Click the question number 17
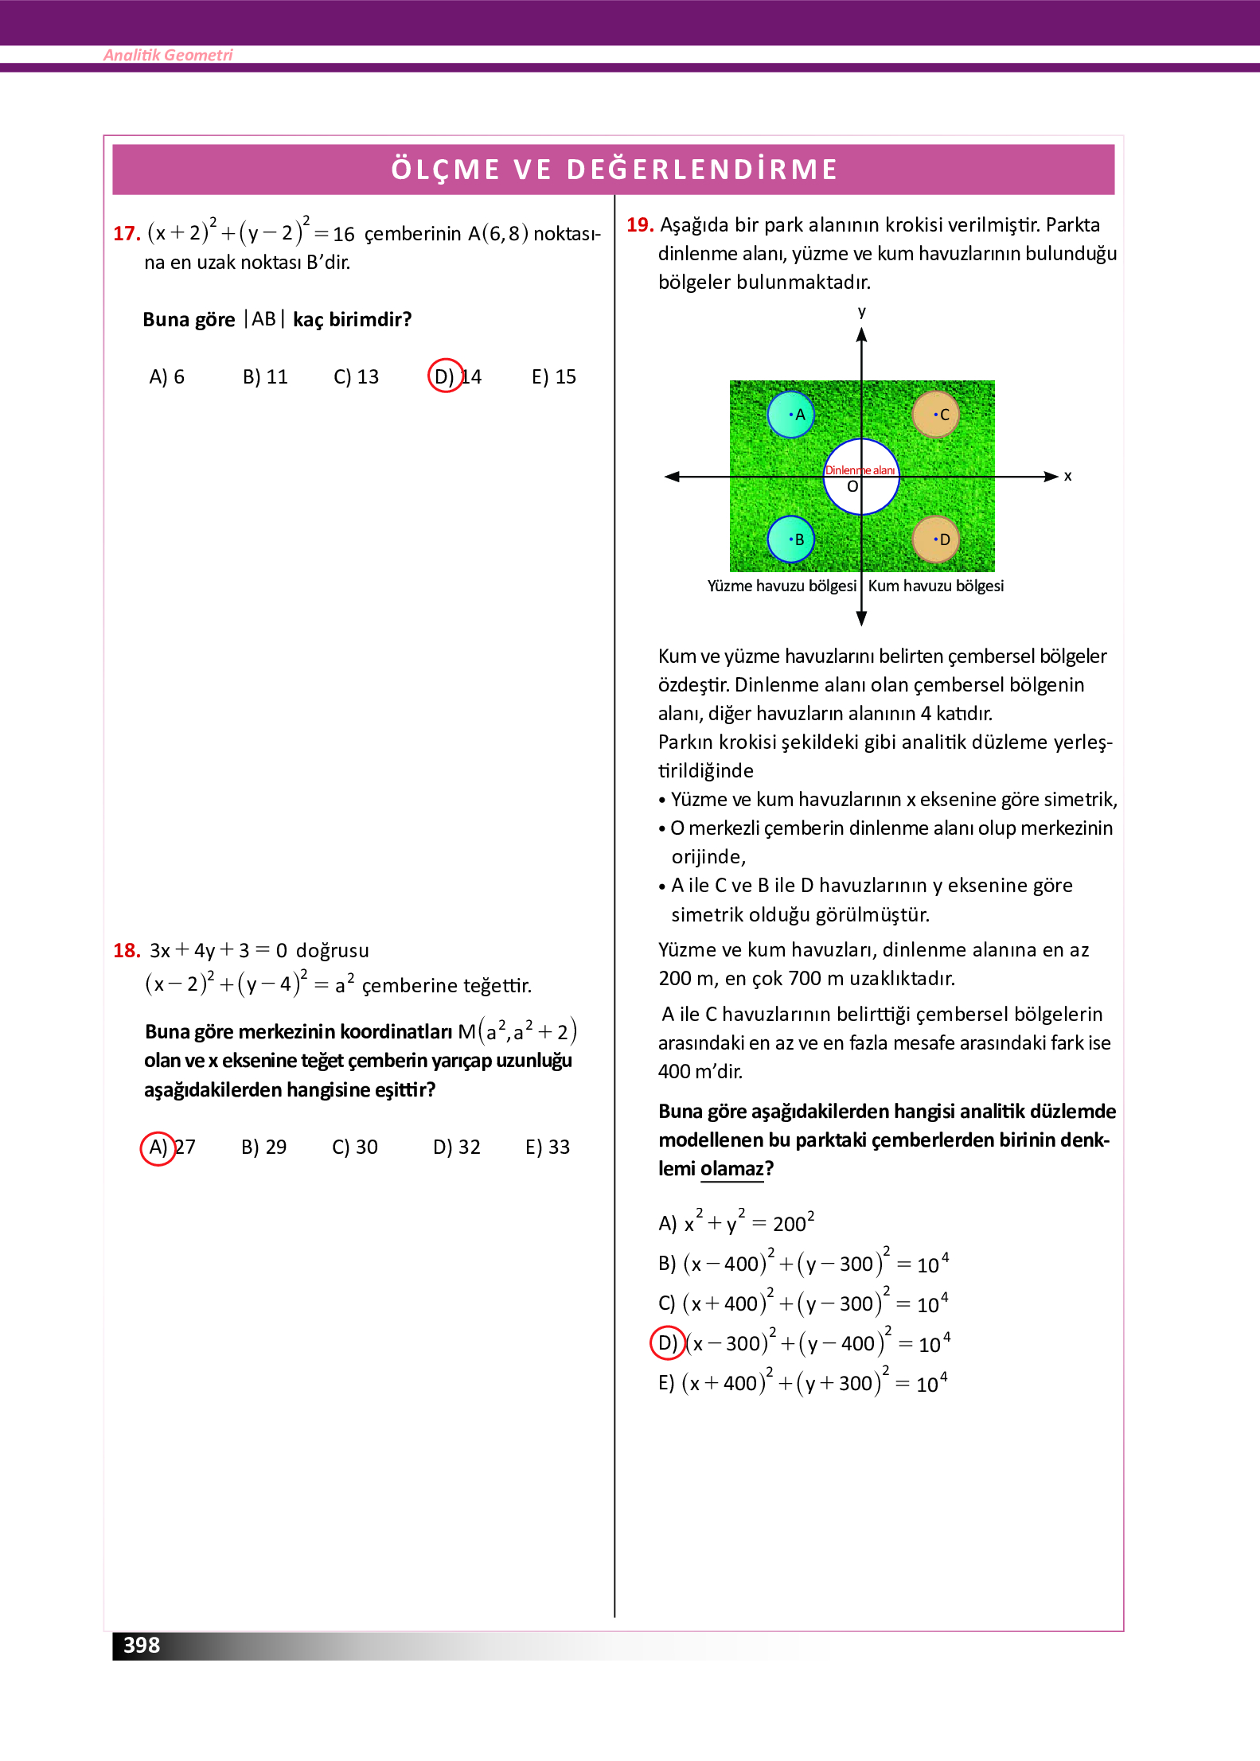click(127, 234)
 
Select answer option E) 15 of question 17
click(553, 377)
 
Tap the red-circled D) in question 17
click(445, 376)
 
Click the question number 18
click(127, 951)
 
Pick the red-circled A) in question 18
click(158, 1147)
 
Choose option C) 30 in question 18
click(354, 1147)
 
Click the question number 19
click(640, 225)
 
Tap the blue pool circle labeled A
click(790, 415)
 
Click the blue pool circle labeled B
click(790, 540)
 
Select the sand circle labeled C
click(935, 415)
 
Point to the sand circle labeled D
click(935, 540)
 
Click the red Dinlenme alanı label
click(860, 470)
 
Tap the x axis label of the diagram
click(1067, 477)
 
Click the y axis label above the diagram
click(861, 311)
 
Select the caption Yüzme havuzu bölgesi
click(781, 586)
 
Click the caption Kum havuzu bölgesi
click(935, 586)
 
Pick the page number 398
click(142, 1646)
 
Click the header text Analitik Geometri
click(168, 55)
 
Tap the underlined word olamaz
click(731, 1169)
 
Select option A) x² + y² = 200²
click(735, 1223)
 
